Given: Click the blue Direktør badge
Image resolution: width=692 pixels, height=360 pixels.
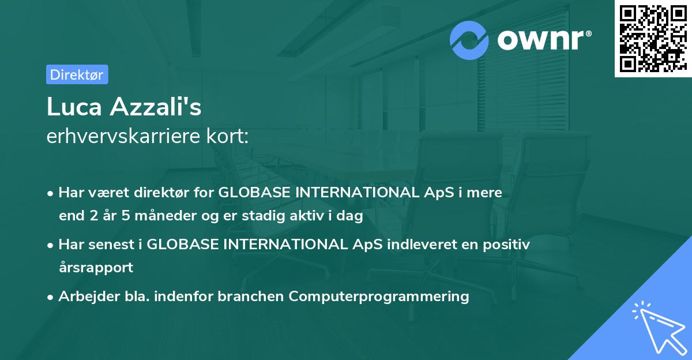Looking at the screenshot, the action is (x=77, y=74).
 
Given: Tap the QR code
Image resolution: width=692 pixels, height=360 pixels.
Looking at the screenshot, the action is (x=653, y=39).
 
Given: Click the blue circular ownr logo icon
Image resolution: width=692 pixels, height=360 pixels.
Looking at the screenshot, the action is (x=469, y=40).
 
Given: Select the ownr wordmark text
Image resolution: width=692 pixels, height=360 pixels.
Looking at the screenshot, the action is (x=540, y=40).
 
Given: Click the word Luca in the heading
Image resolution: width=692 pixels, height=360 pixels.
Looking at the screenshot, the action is (x=74, y=107).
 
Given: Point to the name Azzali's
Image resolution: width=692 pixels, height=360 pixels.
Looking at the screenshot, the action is (x=156, y=106).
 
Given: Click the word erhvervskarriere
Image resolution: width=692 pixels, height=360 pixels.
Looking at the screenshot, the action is (x=123, y=136).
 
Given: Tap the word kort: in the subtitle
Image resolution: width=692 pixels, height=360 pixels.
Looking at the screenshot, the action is (x=227, y=136).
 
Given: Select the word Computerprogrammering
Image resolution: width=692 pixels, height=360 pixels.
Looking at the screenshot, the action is (x=379, y=297).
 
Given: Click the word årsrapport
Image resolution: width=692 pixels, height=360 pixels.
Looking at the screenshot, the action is (x=96, y=268).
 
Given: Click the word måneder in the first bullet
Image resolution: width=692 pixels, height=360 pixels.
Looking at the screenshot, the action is (x=166, y=215).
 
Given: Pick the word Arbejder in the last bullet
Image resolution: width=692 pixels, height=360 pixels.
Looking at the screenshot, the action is (x=89, y=297).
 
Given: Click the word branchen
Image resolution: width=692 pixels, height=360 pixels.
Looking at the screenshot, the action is (x=250, y=296).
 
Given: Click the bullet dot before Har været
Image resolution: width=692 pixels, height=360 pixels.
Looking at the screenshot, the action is (x=50, y=194).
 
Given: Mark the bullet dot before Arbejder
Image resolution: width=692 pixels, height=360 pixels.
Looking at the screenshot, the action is (x=50, y=298).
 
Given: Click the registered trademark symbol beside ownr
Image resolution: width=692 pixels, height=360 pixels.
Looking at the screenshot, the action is (x=588, y=33).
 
